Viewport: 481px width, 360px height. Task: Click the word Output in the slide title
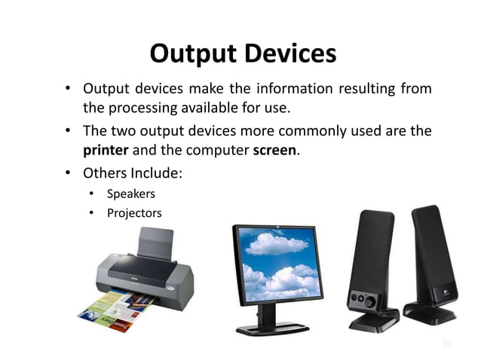190,53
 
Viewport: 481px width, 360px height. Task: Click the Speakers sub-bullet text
130,194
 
